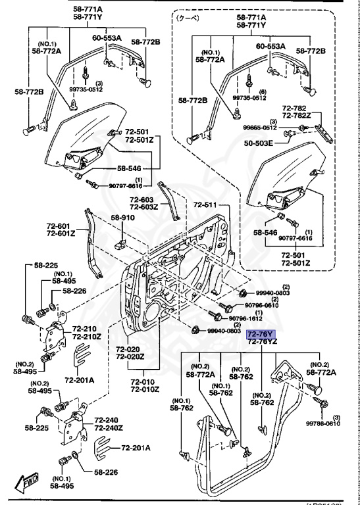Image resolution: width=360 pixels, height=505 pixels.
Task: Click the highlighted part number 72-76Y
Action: (261, 333)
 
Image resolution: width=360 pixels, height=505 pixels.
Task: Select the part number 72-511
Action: (204, 205)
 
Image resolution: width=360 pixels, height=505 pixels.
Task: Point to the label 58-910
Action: (122, 217)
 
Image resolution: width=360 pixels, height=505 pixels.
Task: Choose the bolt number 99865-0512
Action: (259, 128)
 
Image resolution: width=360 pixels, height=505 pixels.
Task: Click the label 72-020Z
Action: (130, 356)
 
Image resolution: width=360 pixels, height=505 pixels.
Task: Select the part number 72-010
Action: (145, 381)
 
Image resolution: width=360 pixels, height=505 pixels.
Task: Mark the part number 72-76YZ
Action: (262, 342)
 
